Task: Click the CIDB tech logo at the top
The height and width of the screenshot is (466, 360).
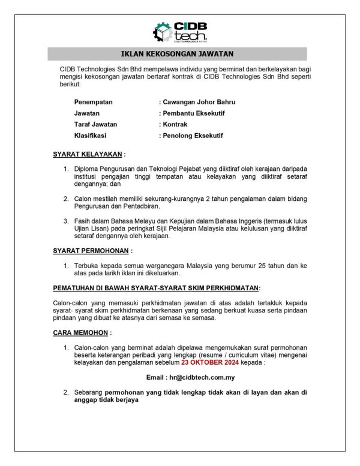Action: (x=179, y=31)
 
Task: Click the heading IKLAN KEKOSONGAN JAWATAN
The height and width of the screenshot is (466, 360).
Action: (x=178, y=54)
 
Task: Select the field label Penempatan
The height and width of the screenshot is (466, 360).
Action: (x=93, y=102)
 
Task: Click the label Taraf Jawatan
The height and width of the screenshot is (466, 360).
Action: (x=95, y=124)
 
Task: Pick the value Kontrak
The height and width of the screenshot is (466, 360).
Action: (x=173, y=124)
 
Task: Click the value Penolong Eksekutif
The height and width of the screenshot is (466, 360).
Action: (x=191, y=136)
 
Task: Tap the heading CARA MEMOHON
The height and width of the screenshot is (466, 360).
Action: (x=80, y=332)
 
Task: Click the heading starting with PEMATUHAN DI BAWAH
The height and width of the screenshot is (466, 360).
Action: (x=156, y=288)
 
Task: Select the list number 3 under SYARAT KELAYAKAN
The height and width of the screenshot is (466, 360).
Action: (x=67, y=221)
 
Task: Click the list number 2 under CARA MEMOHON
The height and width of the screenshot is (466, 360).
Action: (x=67, y=392)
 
